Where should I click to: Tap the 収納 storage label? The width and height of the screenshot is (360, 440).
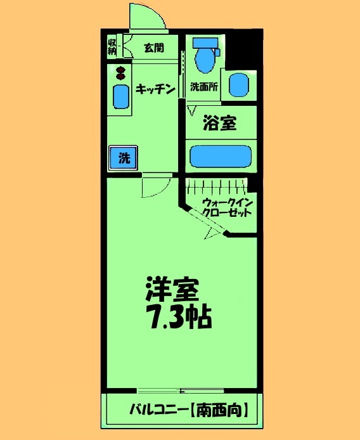point(112,46)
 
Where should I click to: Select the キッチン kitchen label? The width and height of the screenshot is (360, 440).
point(155,89)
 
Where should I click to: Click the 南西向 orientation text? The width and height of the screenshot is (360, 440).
point(218,410)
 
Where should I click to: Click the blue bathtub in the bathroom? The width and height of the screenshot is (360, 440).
point(221,156)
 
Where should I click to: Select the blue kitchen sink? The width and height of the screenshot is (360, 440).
point(120,96)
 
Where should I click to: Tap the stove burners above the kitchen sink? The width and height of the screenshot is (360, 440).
point(119,72)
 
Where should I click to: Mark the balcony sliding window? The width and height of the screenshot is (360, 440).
point(181,389)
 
